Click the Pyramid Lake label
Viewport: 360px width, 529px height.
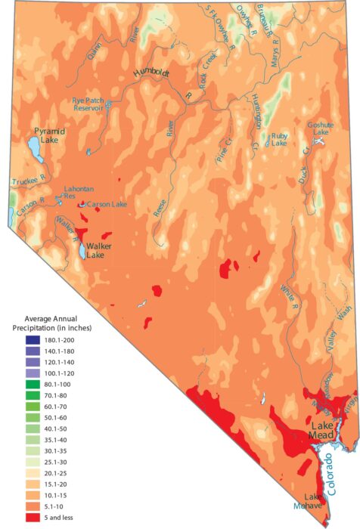[49, 136]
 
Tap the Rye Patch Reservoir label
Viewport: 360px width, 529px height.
[88, 104]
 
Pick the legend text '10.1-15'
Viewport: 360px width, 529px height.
[60, 495]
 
